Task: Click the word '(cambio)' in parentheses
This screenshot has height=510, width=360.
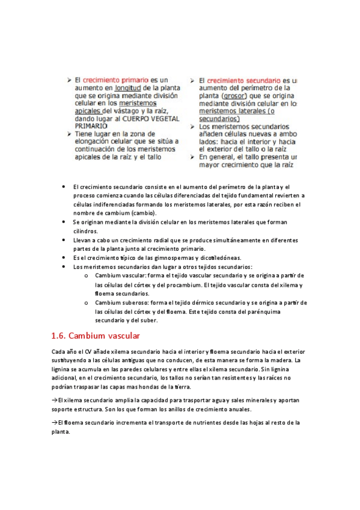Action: (144, 213)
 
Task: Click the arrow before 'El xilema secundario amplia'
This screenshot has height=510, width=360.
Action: (55, 400)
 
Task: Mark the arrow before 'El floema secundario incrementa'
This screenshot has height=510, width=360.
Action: (55, 423)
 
